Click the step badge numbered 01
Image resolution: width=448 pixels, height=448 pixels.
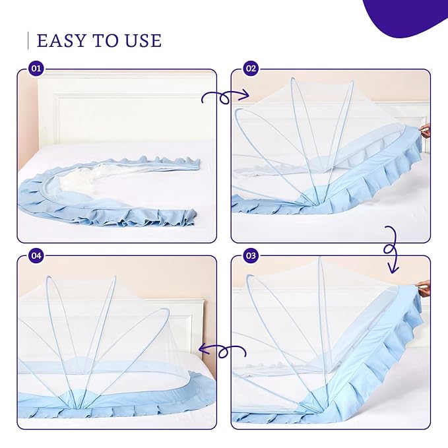click(36, 69)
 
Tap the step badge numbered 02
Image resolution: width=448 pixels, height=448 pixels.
click(250, 69)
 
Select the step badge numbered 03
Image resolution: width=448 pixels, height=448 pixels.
click(250, 255)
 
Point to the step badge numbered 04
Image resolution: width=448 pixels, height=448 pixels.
click(36, 255)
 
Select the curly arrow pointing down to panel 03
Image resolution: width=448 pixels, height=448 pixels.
click(392, 249)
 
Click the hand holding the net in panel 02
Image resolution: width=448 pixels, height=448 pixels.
click(426, 131)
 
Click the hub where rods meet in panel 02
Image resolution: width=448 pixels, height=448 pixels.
click(316, 203)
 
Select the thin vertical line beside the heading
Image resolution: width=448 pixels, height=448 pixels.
click(28, 40)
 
